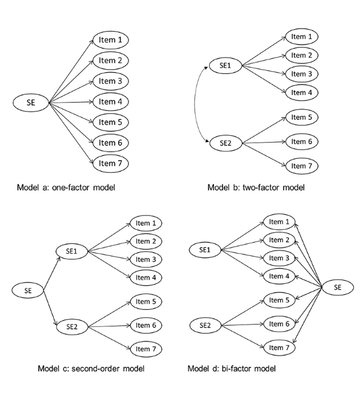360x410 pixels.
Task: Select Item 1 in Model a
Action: (x=111, y=41)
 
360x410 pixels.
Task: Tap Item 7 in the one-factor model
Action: (x=111, y=163)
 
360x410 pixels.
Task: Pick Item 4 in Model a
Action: (x=111, y=102)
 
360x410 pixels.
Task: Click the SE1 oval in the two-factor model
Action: (x=224, y=65)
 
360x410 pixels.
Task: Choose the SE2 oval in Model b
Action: (x=224, y=144)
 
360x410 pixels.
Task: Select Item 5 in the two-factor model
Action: (x=301, y=117)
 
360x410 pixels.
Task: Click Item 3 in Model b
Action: (x=301, y=74)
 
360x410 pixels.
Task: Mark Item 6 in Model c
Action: (x=146, y=326)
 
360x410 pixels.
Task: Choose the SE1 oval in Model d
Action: (x=205, y=249)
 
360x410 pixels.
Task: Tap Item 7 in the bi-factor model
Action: (x=279, y=348)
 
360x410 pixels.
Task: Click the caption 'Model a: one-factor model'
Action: (x=66, y=187)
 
